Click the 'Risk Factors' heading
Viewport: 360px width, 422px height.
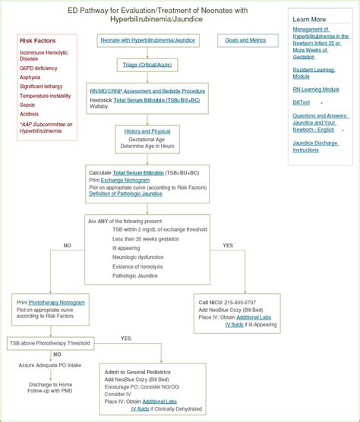pyautogui.click(x=36, y=40)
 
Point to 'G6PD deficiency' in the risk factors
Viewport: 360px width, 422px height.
pyautogui.click(x=39, y=68)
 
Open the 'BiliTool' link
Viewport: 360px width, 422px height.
pyautogui.click(x=302, y=102)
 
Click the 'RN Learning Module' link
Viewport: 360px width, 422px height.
pyautogui.click(x=316, y=90)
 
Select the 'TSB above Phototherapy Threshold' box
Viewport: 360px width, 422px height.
pyautogui.click(x=51, y=343)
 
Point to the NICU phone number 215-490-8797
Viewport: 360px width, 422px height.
pyautogui.click(x=238, y=302)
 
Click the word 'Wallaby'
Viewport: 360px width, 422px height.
pyautogui.click(x=99, y=106)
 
